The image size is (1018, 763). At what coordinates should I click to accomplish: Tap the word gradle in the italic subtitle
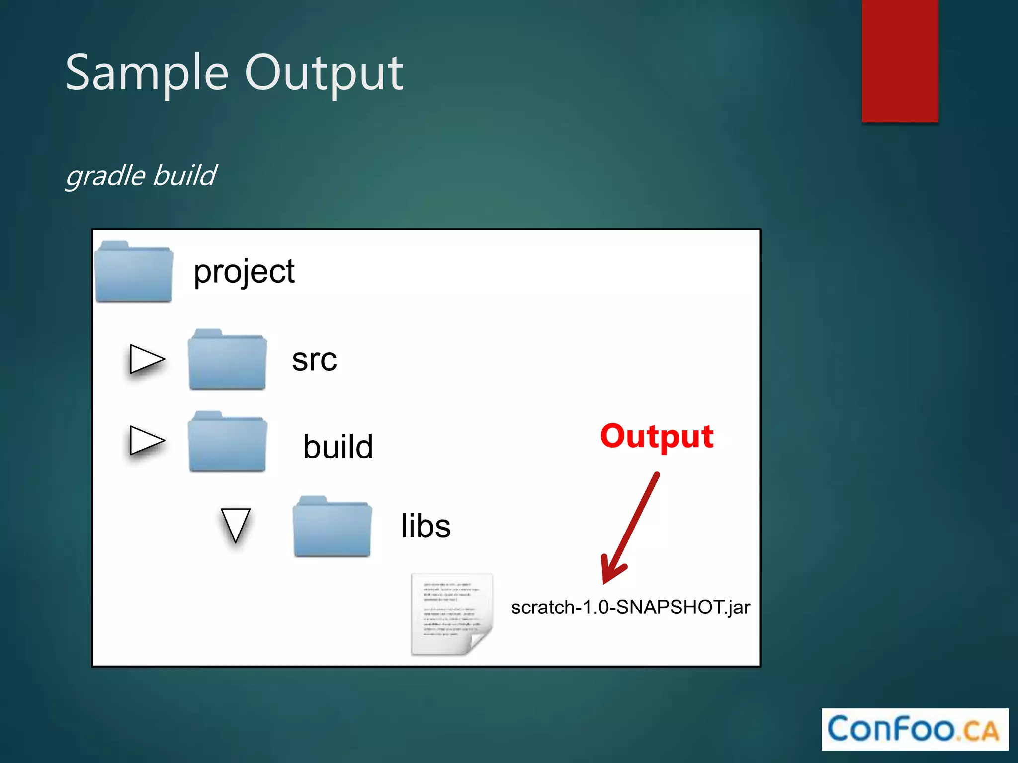[105, 176]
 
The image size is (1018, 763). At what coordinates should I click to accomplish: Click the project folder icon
[134, 273]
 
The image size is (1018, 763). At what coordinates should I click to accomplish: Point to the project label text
[244, 272]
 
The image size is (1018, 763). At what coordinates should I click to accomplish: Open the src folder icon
[227, 360]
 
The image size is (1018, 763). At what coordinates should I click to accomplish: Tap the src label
[314, 360]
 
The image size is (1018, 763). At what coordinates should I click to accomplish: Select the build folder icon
[227, 443]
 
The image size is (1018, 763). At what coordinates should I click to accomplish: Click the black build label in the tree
[338, 447]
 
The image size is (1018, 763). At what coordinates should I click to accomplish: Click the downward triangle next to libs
[235, 525]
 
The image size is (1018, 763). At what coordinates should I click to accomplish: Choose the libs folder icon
[332, 527]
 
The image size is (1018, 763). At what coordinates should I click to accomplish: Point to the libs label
[425, 526]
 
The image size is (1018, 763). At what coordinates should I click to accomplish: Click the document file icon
[451, 614]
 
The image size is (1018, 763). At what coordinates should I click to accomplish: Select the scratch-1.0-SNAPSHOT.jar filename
[630, 608]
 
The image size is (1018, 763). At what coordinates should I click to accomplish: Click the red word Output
[657, 437]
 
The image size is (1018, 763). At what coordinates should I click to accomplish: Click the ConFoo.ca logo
[914, 729]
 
